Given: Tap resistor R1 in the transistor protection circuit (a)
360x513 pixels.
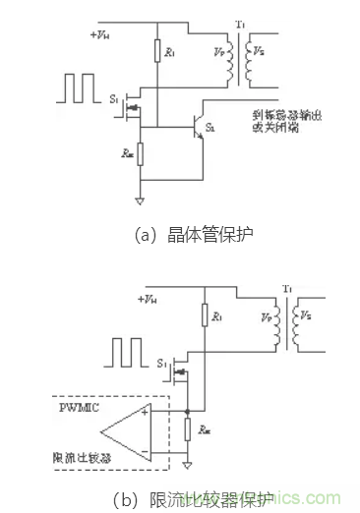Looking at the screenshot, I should click(x=155, y=51).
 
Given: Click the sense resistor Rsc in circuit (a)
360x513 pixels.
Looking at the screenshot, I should click(x=140, y=153).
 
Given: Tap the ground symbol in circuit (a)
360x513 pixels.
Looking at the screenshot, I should click(x=140, y=201).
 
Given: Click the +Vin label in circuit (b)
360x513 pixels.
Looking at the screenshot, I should click(x=147, y=298).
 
